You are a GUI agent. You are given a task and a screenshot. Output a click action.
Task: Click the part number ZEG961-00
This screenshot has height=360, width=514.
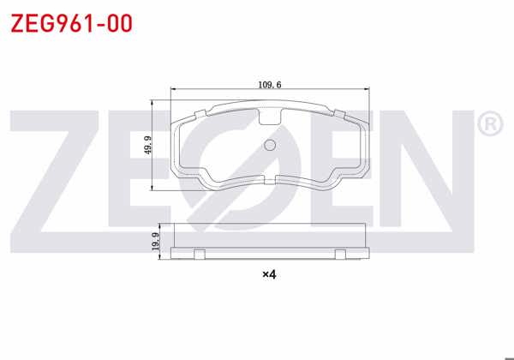(71, 23)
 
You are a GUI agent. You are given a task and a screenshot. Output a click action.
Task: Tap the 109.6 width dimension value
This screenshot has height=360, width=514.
(270, 84)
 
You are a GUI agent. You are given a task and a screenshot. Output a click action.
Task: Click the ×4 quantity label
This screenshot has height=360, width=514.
(269, 274)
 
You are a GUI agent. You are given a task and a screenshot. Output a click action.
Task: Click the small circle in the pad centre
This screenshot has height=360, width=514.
(270, 145)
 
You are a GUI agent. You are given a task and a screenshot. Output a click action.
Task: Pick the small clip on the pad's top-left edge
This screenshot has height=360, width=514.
(201, 112)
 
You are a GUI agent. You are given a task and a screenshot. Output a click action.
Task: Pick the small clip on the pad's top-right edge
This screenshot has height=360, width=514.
(339, 112)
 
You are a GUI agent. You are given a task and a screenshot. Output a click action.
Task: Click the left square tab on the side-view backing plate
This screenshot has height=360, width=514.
(199, 253)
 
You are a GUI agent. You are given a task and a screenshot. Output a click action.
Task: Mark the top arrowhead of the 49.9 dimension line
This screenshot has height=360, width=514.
(152, 103)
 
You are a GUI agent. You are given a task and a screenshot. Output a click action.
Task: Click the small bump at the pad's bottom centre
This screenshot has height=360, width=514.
(270, 177)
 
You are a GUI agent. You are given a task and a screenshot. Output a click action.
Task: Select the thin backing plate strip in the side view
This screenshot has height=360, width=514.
(270, 253)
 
